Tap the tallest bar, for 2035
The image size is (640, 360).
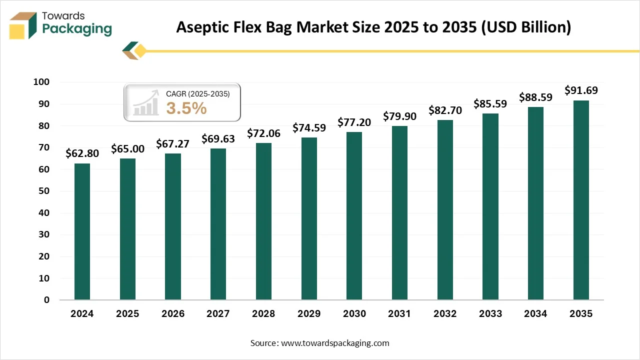(581, 200)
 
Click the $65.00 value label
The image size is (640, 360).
(127, 148)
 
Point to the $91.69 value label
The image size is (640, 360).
(581, 90)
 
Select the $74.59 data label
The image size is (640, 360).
(309, 127)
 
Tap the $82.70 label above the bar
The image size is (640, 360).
(445, 110)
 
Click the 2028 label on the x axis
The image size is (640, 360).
(263, 314)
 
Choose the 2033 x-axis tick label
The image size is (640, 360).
(490, 314)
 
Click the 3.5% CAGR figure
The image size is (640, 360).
(186, 108)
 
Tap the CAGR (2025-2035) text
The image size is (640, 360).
(197, 93)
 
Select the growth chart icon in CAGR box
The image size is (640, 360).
(145, 103)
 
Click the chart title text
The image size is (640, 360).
(373, 27)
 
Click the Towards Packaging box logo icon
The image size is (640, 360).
(23, 25)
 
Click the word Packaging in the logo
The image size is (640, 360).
(77, 29)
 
